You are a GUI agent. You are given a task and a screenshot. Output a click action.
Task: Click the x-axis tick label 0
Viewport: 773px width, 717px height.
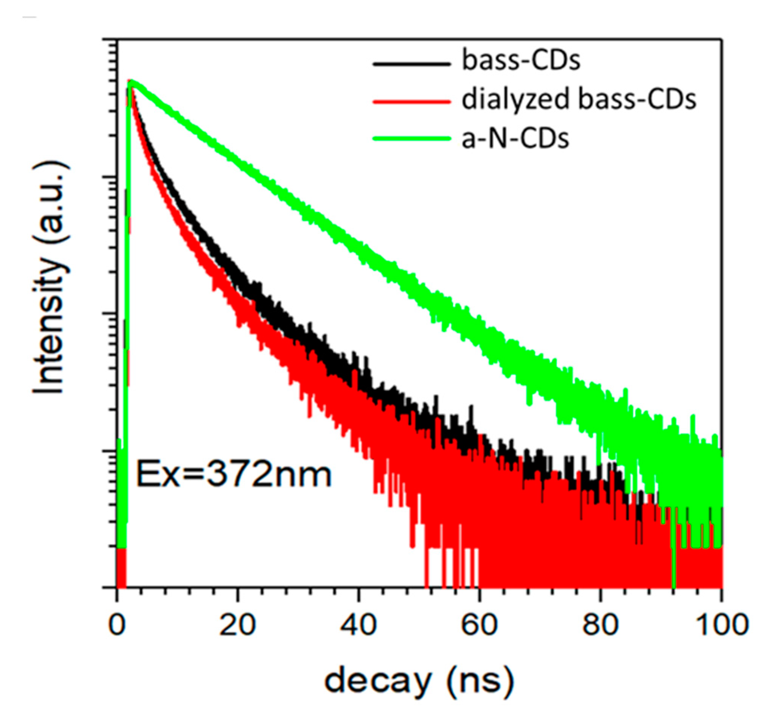[x=116, y=625]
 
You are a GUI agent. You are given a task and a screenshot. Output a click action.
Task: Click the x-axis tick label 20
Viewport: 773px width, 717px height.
[x=237, y=625]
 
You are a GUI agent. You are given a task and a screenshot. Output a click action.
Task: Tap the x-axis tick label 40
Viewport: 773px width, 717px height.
[x=358, y=625]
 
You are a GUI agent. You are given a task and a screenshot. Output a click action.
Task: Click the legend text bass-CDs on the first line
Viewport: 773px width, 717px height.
[x=521, y=61]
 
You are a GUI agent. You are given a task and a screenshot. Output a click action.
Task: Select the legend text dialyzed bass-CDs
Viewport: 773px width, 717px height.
[x=579, y=100]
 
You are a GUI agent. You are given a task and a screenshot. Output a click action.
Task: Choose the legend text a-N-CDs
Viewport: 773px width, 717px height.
[x=515, y=138]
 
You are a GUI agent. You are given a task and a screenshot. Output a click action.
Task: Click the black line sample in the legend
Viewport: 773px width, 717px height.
[x=411, y=64]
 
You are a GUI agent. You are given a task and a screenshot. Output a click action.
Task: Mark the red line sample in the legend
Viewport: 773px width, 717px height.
[x=411, y=103]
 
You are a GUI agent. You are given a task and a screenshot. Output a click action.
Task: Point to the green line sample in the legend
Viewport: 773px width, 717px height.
[x=411, y=138]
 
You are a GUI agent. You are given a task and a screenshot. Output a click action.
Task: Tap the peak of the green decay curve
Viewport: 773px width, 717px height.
[x=132, y=81]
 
